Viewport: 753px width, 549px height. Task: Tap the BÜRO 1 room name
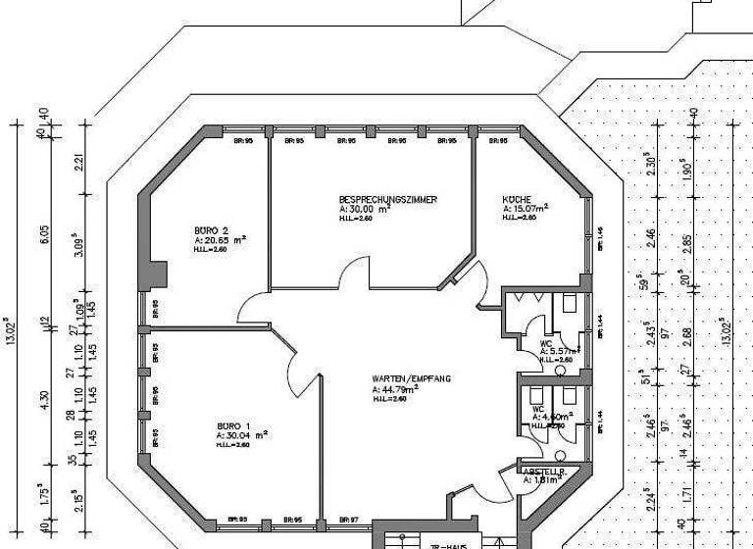(x=234, y=425)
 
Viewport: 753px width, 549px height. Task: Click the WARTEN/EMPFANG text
(x=412, y=378)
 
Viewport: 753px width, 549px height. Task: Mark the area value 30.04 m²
(x=241, y=434)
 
